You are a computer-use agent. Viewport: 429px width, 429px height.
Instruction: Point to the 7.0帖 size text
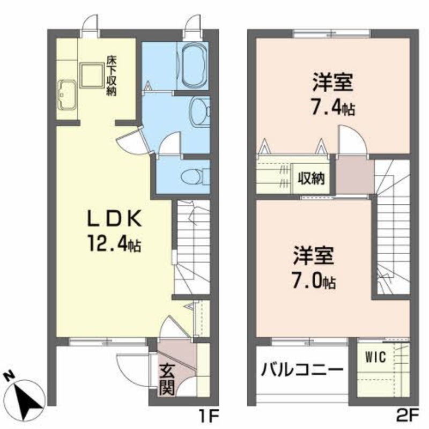click(x=314, y=280)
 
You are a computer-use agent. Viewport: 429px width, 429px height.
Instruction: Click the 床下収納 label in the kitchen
click(x=111, y=75)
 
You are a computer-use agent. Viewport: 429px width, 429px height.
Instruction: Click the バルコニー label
click(x=302, y=370)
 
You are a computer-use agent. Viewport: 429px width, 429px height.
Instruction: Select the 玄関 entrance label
click(x=166, y=380)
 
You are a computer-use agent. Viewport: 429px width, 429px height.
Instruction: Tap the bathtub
click(x=193, y=65)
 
